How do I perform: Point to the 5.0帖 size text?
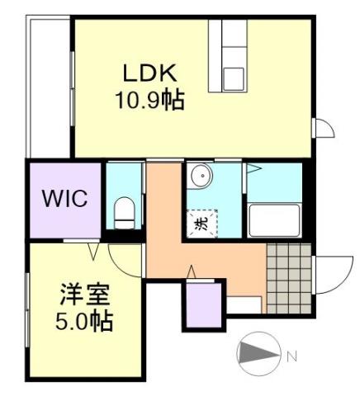tap(85, 319)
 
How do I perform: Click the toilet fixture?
tap(123, 212)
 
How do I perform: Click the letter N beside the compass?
tap(291, 357)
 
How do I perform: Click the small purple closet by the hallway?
tap(203, 306)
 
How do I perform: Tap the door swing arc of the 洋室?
tap(121, 261)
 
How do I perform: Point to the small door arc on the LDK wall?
tap(324, 128)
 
